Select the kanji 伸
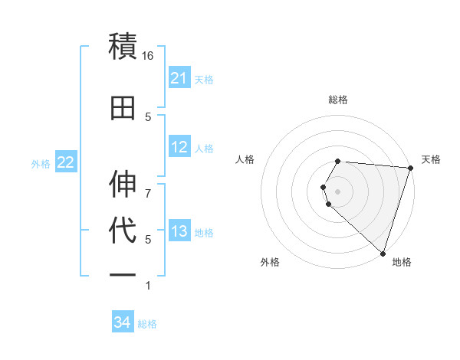pyautogui.click(x=123, y=185)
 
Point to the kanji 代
pyautogui.click(x=123, y=231)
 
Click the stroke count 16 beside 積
pyautogui.click(x=148, y=56)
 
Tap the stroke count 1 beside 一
pyautogui.click(x=148, y=286)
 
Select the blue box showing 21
pyautogui.click(x=179, y=78)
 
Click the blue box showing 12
pyautogui.click(x=179, y=147)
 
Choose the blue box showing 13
pyautogui.click(x=179, y=231)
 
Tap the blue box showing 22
pyautogui.click(x=65, y=162)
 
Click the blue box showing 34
pyautogui.click(x=122, y=323)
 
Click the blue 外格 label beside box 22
pyautogui.click(x=41, y=163)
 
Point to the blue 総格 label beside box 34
pyautogui.click(x=147, y=324)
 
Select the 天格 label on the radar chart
pyautogui.click(x=431, y=159)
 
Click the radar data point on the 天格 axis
pyautogui.click(x=410, y=168)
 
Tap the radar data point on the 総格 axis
pyautogui.click(x=338, y=161)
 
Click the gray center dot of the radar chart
pyautogui.click(x=338, y=191)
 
